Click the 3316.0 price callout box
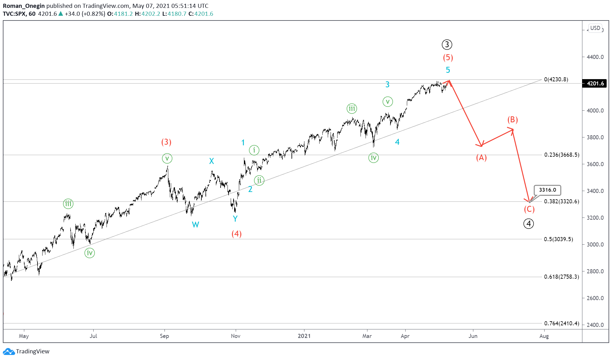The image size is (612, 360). click(547, 190)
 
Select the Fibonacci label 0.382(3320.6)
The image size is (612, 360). click(561, 201)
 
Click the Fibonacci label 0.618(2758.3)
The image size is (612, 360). click(561, 277)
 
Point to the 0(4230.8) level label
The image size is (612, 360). click(556, 79)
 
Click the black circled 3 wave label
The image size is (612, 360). click(447, 44)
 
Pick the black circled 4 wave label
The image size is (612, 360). click(528, 224)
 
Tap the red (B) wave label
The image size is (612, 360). click(512, 119)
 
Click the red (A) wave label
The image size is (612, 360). click(481, 157)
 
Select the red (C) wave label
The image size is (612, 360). click(529, 209)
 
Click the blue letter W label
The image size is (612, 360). click(195, 225)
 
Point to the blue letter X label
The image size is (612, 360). click(211, 161)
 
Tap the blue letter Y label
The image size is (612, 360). click(235, 218)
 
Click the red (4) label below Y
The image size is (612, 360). click(236, 234)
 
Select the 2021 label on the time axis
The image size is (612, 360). click(304, 336)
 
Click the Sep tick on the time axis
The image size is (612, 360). click(164, 336)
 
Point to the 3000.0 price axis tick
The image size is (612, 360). click(595, 245)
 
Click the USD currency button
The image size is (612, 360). click(595, 28)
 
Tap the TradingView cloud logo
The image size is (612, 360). click(9, 351)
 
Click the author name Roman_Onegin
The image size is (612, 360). click(24, 6)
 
